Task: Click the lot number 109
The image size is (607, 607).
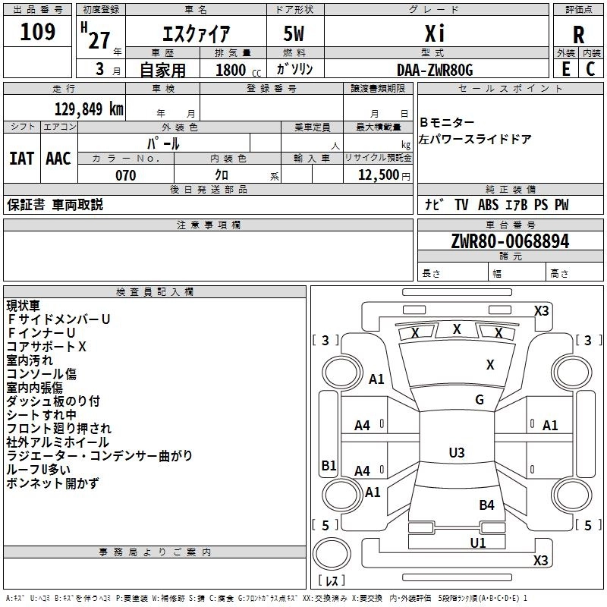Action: point(38,32)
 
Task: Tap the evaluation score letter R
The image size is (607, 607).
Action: point(578,34)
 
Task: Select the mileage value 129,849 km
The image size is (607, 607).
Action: point(89,109)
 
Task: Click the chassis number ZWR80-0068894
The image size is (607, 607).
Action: point(510,241)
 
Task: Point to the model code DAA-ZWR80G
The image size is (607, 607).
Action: point(435,70)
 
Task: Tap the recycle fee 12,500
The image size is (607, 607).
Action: point(378,175)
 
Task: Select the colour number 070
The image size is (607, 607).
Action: point(125,175)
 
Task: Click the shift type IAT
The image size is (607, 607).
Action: point(21,158)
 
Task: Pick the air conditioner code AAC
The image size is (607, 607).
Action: point(58,158)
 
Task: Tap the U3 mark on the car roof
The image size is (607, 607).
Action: point(457,453)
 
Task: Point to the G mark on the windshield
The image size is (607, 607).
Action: point(480,400)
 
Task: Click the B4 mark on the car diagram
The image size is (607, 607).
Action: point(486,505)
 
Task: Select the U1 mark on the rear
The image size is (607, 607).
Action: point(478,543)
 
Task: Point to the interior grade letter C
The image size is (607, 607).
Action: point(590,68)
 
